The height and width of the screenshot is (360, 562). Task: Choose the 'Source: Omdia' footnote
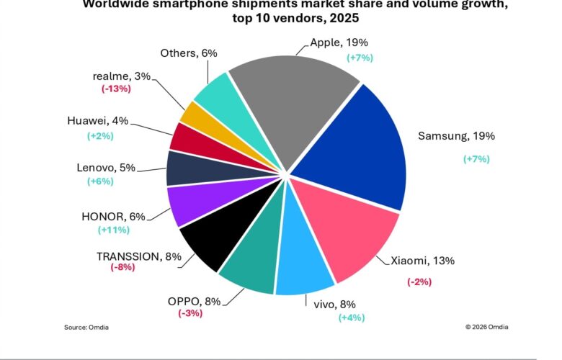click(x=86, y=327)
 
